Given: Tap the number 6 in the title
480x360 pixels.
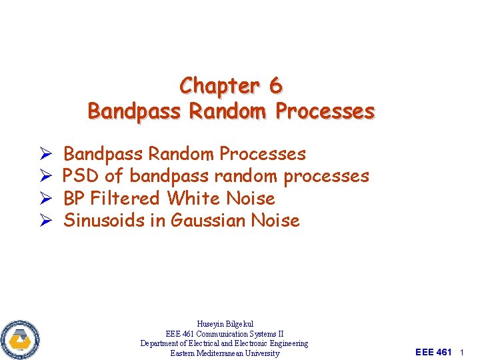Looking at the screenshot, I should pyautogui.click(x=275, y=86).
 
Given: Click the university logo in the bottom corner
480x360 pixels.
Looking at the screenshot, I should pyautogui.click(x=21, y=339).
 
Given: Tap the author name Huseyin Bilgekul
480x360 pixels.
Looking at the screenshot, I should pyautogui.click(x=225, y=324).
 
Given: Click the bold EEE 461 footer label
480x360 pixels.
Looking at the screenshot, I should pyautogui.click(x=433, y=352).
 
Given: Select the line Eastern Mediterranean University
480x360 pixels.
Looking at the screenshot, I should pyautogui.click(x=225, y=353).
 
